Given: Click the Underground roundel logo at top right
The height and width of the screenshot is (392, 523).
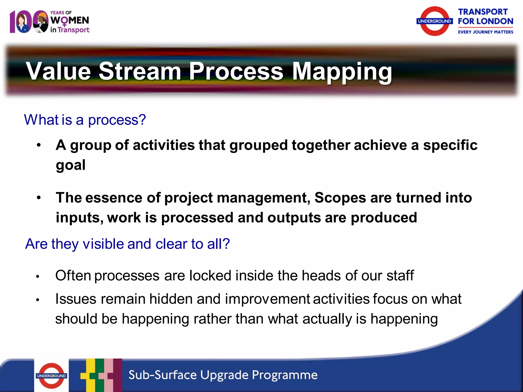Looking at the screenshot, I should coord(434,21).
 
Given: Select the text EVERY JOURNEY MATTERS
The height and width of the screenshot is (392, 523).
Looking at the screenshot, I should coord(485,32).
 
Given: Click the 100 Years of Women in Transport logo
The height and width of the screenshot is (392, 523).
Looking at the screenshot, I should coord(50,22).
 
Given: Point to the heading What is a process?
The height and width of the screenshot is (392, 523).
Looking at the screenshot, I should coord(85,120).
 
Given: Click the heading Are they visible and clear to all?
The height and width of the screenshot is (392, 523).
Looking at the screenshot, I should coord(127,244).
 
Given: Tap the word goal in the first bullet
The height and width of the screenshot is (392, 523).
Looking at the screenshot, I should coord(70,165).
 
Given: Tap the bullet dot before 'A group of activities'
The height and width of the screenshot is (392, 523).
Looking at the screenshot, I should coord(39,145).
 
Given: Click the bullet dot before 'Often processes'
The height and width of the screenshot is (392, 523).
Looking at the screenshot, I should coord(38,276).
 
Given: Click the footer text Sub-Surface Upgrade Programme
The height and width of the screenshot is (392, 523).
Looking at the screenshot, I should coord(223,375).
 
